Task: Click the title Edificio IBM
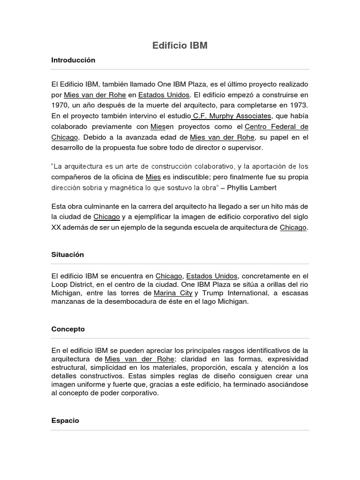pyautogui.click(x=180, y=45)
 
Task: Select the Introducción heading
pyautogui.click(x=73, y=60)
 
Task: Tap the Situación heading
pyautogui.click(x=67, y=255)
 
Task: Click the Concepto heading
pyautogui.click(x=68, y=329)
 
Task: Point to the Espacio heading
pyautogui.click(x=65, y=420)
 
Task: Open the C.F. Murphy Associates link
pyautogui.click(x=232, y=116)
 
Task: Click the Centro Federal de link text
pyautogui.click(x=277, y=127)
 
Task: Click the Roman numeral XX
pyautogui.click(x=56, y=227)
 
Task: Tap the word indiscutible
pyautogui.click(x=197, y=177)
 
